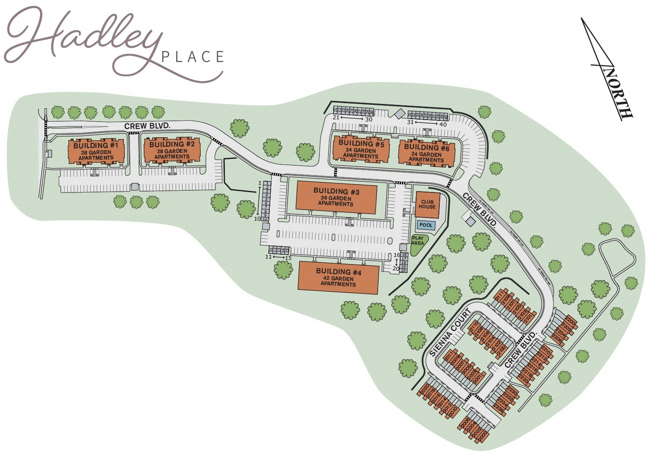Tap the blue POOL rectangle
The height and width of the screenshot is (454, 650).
coord(426,225)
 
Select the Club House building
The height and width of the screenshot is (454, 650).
coord(428,204)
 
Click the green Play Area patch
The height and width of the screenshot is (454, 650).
coord(418,241)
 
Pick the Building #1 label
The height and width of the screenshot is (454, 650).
coord(96,146)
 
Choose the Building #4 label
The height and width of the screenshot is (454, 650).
coord(338,271)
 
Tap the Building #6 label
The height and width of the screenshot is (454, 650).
coord(426,147)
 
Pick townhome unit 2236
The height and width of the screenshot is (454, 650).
coord(499,407)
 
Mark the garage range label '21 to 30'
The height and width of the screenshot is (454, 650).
coord(352,119)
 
